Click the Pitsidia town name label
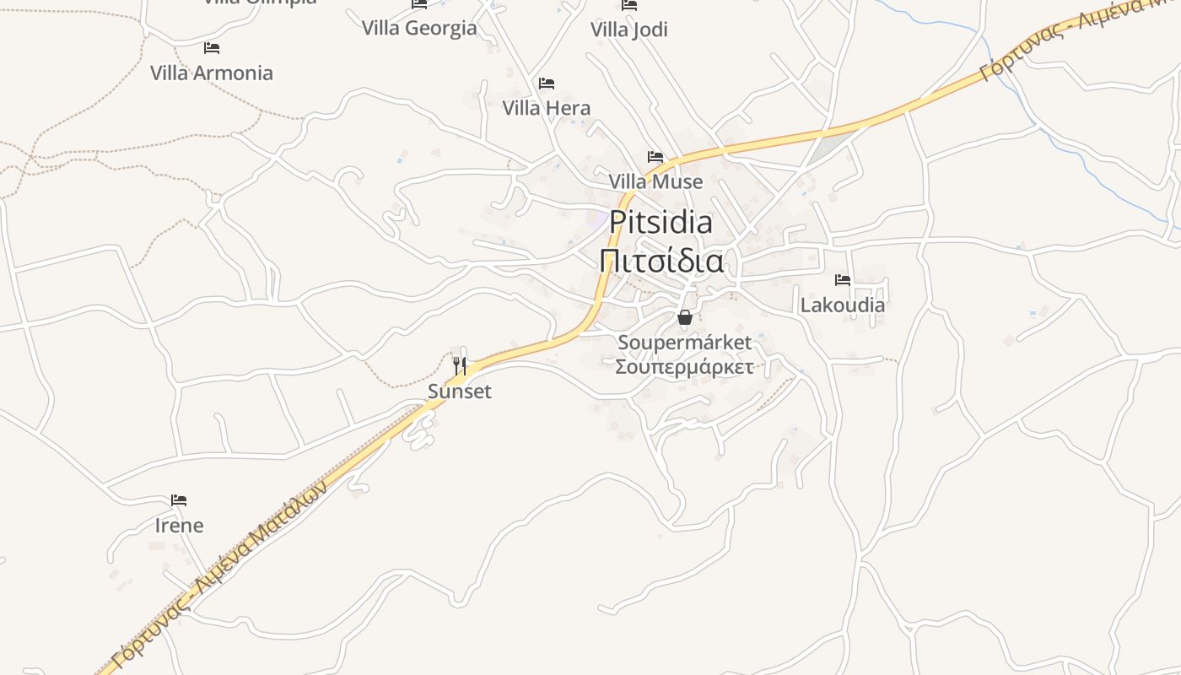point(661,222)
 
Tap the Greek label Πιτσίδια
point(661,261)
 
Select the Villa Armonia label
point(212,73)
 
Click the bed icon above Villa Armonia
point(212,48)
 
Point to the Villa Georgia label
point(419,28)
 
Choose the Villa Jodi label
point(629,30)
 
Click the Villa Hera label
point(547,108)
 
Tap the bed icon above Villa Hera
point(547,84)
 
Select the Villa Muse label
point(655,181)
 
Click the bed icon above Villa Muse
point(655,157)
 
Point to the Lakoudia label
point(843,305)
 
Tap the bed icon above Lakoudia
point(843,280)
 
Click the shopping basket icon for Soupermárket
point(685,317)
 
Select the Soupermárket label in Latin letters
point(684,343)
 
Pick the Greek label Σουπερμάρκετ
point(684,367)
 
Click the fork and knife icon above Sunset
point(460,365)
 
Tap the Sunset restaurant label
point(460,391)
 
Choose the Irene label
point(179,526)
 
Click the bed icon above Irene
point(179,500)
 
